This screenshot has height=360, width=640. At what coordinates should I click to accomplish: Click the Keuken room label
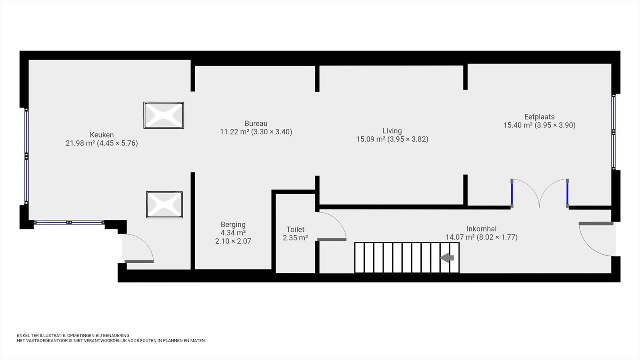tap(102, 134)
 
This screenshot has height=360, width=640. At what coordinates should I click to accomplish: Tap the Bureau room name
tap(256, 124)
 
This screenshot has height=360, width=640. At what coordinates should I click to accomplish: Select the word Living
tap(392, 131)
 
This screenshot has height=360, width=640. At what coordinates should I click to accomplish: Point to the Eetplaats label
tap(540, 117)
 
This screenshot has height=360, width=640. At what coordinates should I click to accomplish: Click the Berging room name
tap(233, 224)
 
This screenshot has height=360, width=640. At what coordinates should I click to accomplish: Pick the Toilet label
tap(296, 230)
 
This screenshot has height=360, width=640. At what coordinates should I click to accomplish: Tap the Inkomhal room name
tap(482, 229)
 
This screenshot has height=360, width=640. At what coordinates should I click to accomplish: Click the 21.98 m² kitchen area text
tap(80, 143)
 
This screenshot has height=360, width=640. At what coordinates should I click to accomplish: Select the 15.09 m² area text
tap(370, 139)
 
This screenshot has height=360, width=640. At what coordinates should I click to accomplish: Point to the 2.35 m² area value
tap(296, 238)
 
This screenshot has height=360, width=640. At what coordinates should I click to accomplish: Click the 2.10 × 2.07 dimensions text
tap(233, 241)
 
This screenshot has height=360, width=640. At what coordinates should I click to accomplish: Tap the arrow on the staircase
tap(446, 258)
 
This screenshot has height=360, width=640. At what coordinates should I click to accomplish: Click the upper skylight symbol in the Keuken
tap(164, 115)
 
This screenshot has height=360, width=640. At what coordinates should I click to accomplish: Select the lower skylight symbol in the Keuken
tap(164, 204)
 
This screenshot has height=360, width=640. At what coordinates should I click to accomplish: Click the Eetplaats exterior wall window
tap(614, 132)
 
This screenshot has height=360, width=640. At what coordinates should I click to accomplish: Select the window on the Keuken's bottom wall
tap(69, 222)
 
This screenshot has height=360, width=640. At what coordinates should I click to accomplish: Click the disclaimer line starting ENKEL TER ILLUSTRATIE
tap(74, 336)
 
